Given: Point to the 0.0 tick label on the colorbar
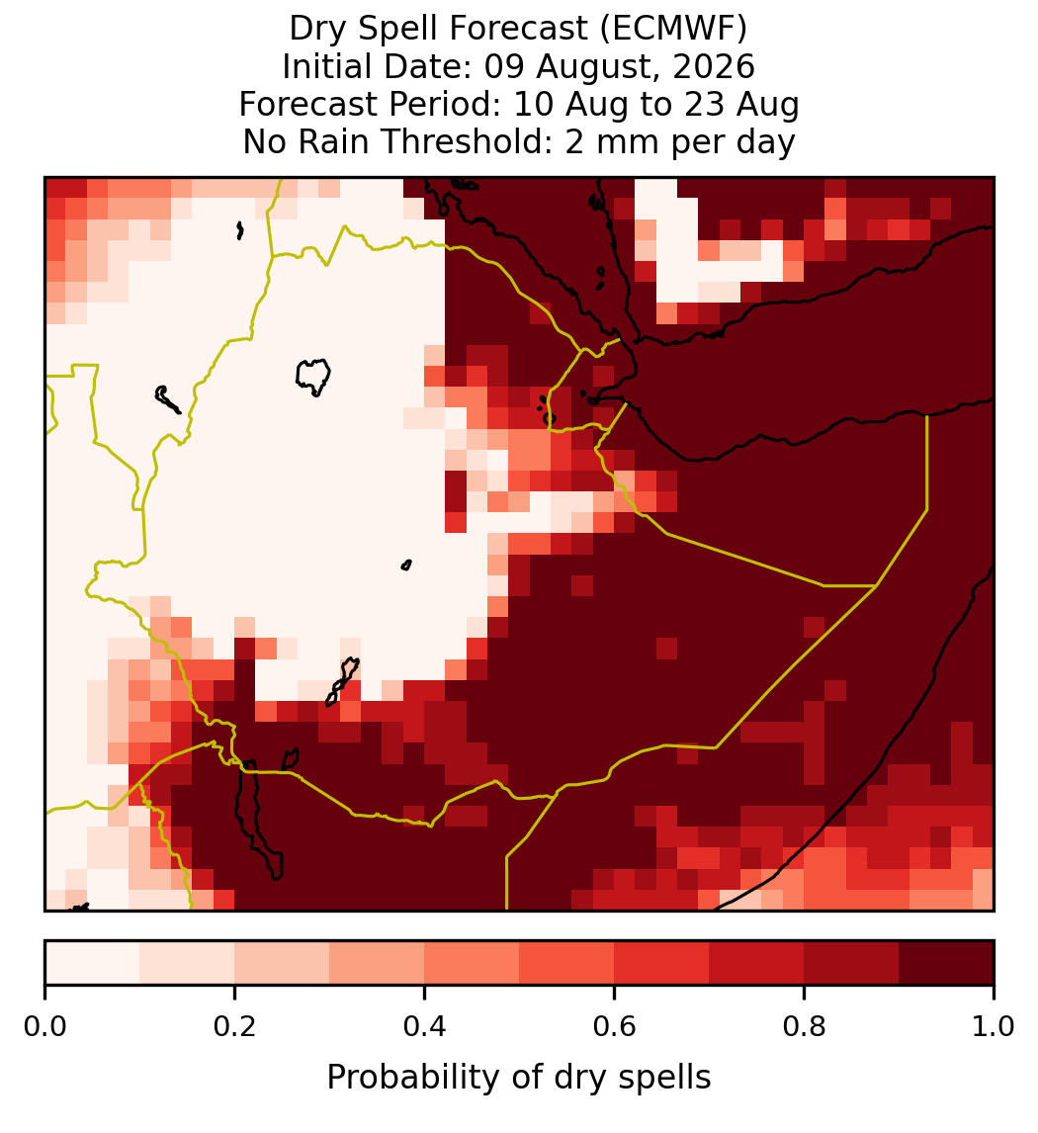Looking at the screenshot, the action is point(44,1027).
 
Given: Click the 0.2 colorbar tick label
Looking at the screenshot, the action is point(234,1027).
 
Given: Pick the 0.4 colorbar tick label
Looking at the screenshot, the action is point(425,1027).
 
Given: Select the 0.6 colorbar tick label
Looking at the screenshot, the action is point(615,1027).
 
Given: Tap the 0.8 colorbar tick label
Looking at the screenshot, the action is point(805,1027).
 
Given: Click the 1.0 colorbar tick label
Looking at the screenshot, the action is point(994,1027).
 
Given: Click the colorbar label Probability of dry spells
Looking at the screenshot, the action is point(519,1078).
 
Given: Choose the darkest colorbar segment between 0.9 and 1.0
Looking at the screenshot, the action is point(947,963).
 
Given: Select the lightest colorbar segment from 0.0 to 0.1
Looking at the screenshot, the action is point(93,963).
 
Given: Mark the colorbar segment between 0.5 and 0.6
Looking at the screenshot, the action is point(567,963).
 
